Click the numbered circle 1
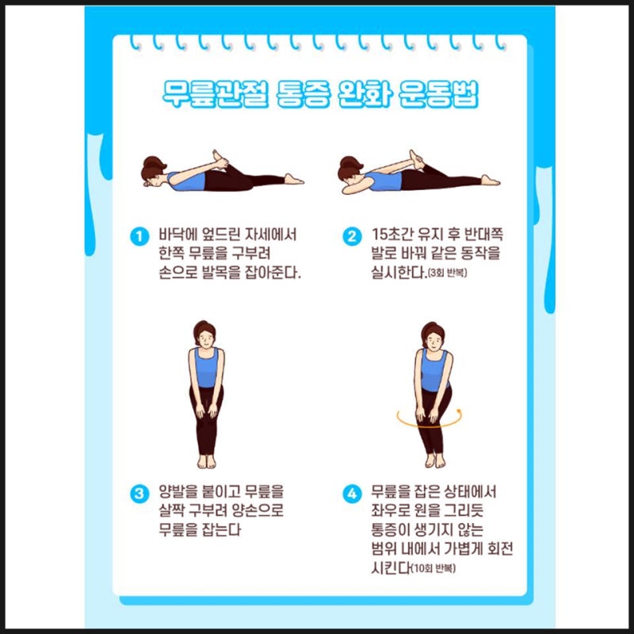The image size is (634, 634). point(139,236)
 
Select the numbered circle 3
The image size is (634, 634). point(139,494)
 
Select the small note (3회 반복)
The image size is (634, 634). point(445,274)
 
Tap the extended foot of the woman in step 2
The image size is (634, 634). point(491,181)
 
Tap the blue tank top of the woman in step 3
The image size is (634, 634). point(206,369)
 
